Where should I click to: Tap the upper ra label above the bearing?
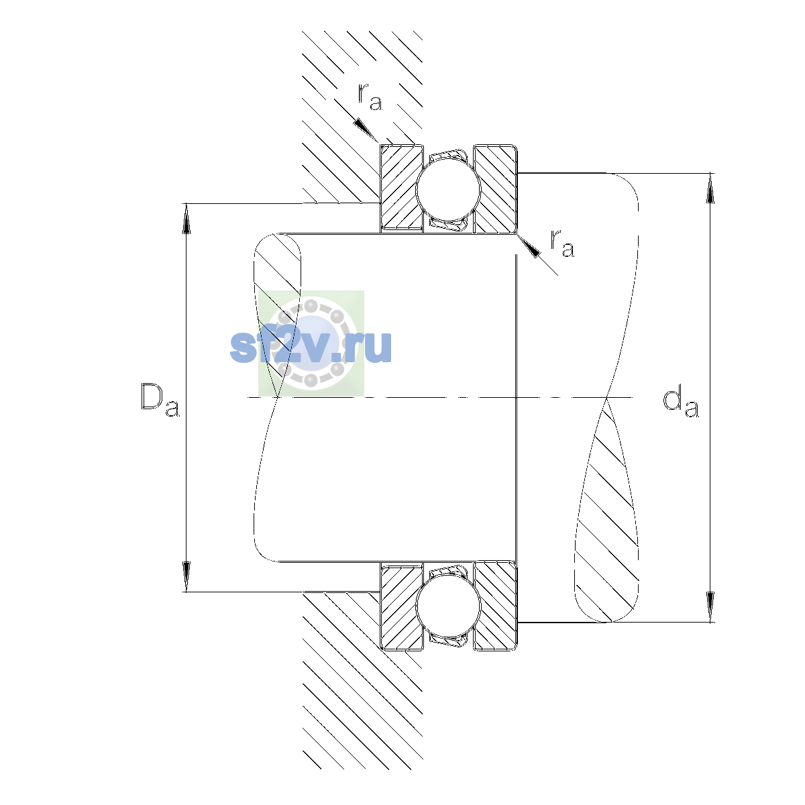[370, 97]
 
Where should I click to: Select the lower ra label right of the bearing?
[562, 243]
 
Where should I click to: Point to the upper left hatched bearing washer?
[401, 188]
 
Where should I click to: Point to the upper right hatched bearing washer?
[495, 189]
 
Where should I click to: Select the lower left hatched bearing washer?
[401, 606]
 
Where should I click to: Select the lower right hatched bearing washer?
[495, 606]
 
